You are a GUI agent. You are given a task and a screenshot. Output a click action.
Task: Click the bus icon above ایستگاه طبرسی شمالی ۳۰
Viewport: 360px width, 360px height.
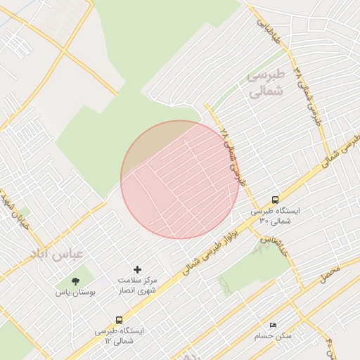point(275,200)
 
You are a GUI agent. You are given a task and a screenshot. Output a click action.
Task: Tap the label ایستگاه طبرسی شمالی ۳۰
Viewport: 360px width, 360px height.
point(275,215)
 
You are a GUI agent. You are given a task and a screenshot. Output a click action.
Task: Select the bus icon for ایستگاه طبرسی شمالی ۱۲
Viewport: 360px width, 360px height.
point(119,319)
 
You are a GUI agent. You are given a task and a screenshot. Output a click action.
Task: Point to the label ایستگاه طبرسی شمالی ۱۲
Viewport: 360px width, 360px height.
point(119,335)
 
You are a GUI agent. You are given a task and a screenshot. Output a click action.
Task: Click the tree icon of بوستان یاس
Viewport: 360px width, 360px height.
point(75,281)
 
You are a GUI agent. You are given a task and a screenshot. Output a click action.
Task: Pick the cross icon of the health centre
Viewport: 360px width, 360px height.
point(137,269)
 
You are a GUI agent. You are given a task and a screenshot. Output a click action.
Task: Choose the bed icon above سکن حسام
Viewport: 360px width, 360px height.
point(274,325)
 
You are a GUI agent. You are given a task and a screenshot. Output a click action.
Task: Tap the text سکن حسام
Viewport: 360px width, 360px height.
point(274,336)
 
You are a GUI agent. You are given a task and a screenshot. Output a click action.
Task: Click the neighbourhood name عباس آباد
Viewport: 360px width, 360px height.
point(56,252)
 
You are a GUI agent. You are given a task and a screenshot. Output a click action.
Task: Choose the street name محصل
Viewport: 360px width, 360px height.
point(330,274)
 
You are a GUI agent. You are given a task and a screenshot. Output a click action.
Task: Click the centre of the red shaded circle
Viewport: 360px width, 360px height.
point(180,179)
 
